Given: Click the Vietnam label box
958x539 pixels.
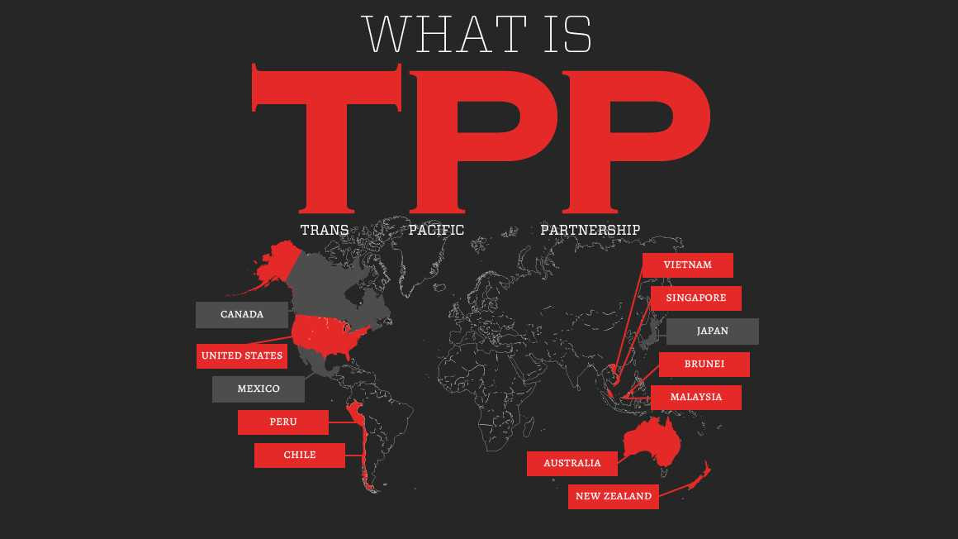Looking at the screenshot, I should point(687,265).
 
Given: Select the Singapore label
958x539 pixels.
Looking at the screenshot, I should point(695,298).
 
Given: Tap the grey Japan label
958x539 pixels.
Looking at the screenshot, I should point(712,332).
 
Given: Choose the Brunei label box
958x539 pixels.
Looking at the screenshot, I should point(704,365).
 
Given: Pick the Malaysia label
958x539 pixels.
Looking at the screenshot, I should point(695,398).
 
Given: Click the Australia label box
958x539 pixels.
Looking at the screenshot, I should point(571,464).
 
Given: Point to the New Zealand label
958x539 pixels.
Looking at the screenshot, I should point(613,497).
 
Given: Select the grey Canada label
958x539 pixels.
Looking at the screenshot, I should point(242,315).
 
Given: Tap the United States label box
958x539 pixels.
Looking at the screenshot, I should point(242,356).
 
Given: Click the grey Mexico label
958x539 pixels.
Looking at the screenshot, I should point(258,389).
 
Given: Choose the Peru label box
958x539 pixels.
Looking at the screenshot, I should point(282,422).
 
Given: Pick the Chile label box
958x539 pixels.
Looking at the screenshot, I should point(299,456).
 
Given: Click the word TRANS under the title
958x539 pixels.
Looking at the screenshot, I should point(324,230).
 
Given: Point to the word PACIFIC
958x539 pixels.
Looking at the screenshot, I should point(436,230).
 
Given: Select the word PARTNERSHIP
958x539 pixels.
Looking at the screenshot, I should point(590,230).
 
